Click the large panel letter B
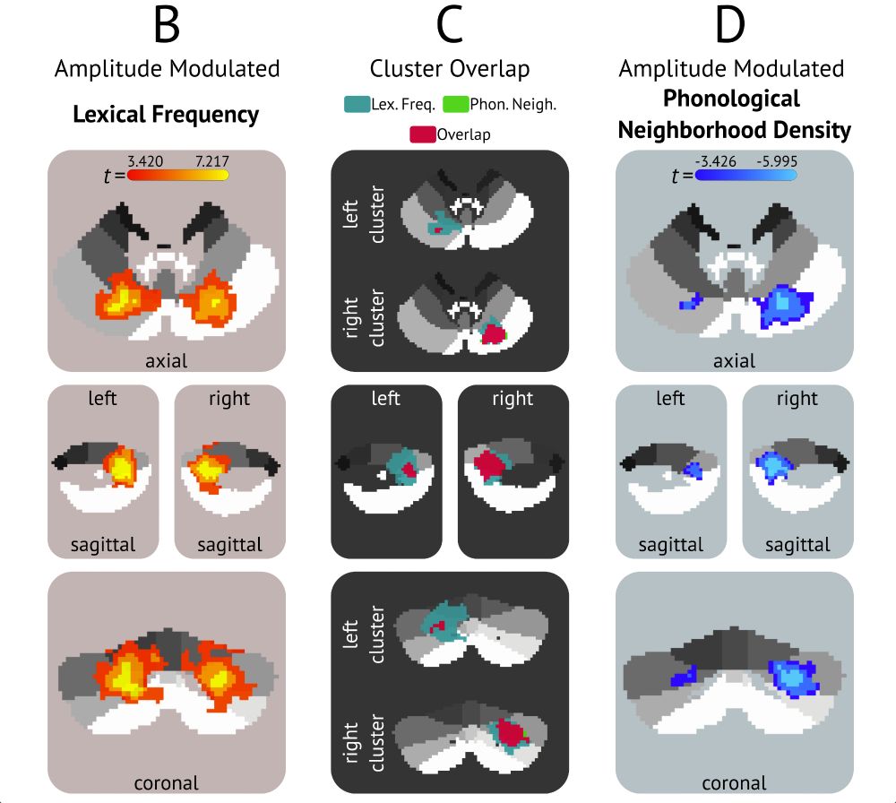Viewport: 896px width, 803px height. tap(167, 26)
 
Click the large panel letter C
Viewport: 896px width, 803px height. tap(450, 26)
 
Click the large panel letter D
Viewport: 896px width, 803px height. tap(731, 26)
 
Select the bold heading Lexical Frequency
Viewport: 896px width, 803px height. tap(167, 115)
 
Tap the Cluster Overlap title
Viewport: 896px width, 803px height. tap(450, 69)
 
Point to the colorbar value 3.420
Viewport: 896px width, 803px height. tap(144, 161)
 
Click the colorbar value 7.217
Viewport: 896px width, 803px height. tap(211, 161)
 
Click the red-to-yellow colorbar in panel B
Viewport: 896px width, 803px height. tap(178, 176)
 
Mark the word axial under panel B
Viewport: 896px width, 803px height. tap(167, 361)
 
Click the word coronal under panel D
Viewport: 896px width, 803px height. tap(735, 781)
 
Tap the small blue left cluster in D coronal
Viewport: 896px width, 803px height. tap(686, 674)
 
